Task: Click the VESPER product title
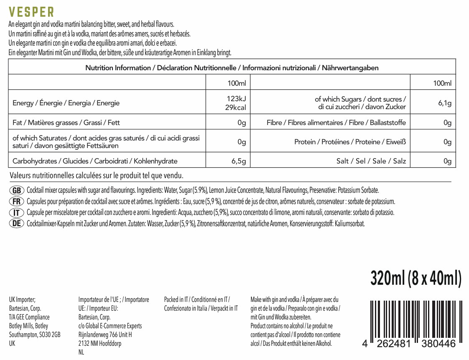coord(31,12)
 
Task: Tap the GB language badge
coord(17,191)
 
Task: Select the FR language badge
coord(17,202)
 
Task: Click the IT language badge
coord(17,212)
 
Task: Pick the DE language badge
coord(17,223)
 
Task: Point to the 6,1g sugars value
coord(445,103)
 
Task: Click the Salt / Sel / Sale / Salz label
coord(371,161)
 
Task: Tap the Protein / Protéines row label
coord(350,142)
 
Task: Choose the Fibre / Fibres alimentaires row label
coord(336,123)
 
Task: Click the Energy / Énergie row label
coord(66,103)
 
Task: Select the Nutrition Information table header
coord(232,68)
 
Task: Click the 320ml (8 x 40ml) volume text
coord(416,278)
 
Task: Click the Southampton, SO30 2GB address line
coord(35,334)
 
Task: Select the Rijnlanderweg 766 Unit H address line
coord(105,334)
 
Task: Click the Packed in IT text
coord(196,299)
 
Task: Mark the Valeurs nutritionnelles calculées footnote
coord(96,175)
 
